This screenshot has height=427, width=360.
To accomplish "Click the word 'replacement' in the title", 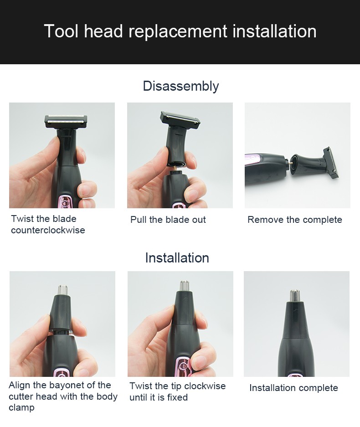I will click(178, 32).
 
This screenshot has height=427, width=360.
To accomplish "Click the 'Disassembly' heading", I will click(180, 86).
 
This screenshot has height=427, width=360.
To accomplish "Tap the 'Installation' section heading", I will click(177, 258).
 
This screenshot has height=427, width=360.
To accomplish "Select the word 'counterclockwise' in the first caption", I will click(48, 230).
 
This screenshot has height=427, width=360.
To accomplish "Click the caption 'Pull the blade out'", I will click(168, 220).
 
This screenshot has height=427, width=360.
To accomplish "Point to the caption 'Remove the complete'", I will click(294, 220).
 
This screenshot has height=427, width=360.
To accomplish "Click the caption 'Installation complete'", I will click(293, 388).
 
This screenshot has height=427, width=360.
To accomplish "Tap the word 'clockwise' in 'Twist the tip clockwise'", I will click(206, 386).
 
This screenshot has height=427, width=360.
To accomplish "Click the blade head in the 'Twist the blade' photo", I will click(66, 121).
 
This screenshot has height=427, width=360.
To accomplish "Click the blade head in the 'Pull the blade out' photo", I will click(180, 119).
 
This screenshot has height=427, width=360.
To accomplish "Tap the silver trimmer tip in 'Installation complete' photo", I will click(295, 295).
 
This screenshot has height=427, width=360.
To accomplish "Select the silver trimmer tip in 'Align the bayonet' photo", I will click(63, 289).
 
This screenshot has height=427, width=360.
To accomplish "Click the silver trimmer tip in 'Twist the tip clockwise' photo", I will click(185, 286).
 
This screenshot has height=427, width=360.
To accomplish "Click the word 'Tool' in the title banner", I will click(61, 32).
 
